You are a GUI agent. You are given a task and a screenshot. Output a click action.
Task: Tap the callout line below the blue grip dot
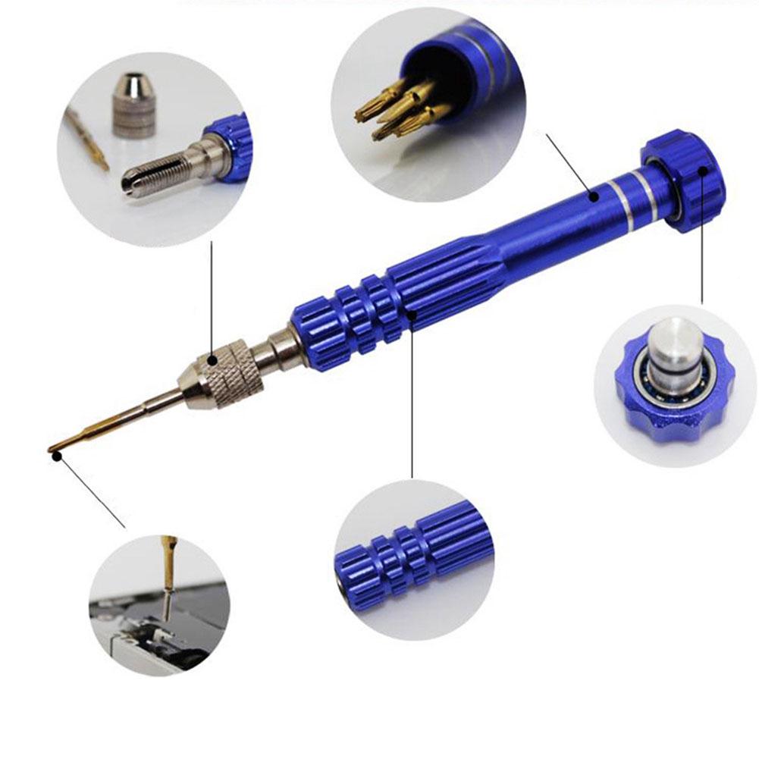click(x=412, y=394)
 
